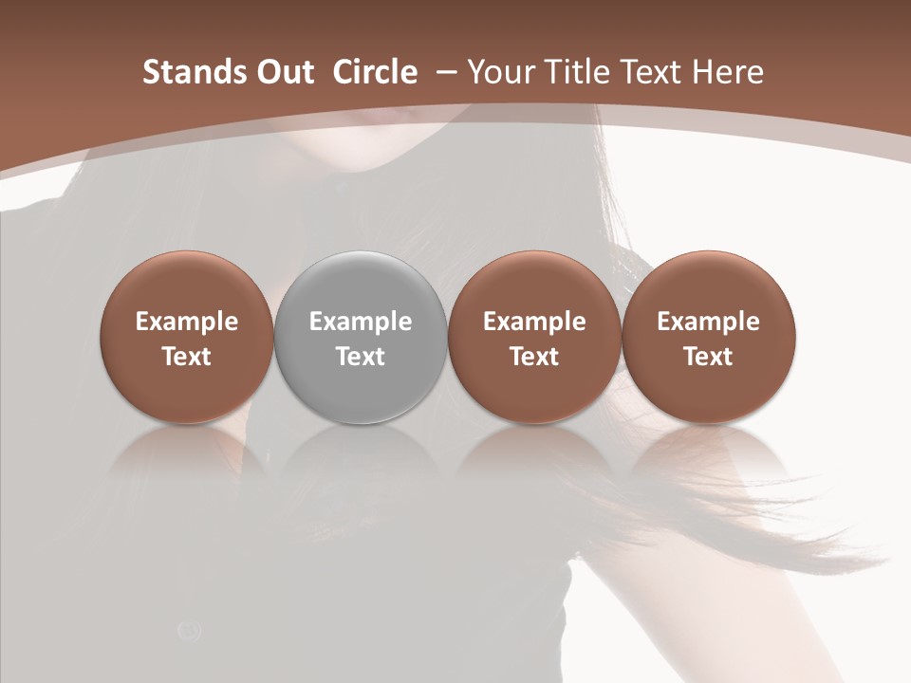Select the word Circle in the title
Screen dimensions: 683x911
point(375,72)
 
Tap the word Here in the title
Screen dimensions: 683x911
point(728,72)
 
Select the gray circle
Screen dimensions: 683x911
point(361,285)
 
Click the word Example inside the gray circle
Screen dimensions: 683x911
point(361,322)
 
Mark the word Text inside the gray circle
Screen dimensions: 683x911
point(361,357)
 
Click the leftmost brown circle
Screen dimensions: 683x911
point(187,285)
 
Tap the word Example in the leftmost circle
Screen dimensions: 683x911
point(187,322)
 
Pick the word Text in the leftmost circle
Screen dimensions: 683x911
point(187,357)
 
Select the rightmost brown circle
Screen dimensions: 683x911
point(708,285)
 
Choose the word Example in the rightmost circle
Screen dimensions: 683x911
point(708,322)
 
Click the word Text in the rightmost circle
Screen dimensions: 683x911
point(708,357)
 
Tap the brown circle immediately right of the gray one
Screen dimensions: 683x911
point(534,285)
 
